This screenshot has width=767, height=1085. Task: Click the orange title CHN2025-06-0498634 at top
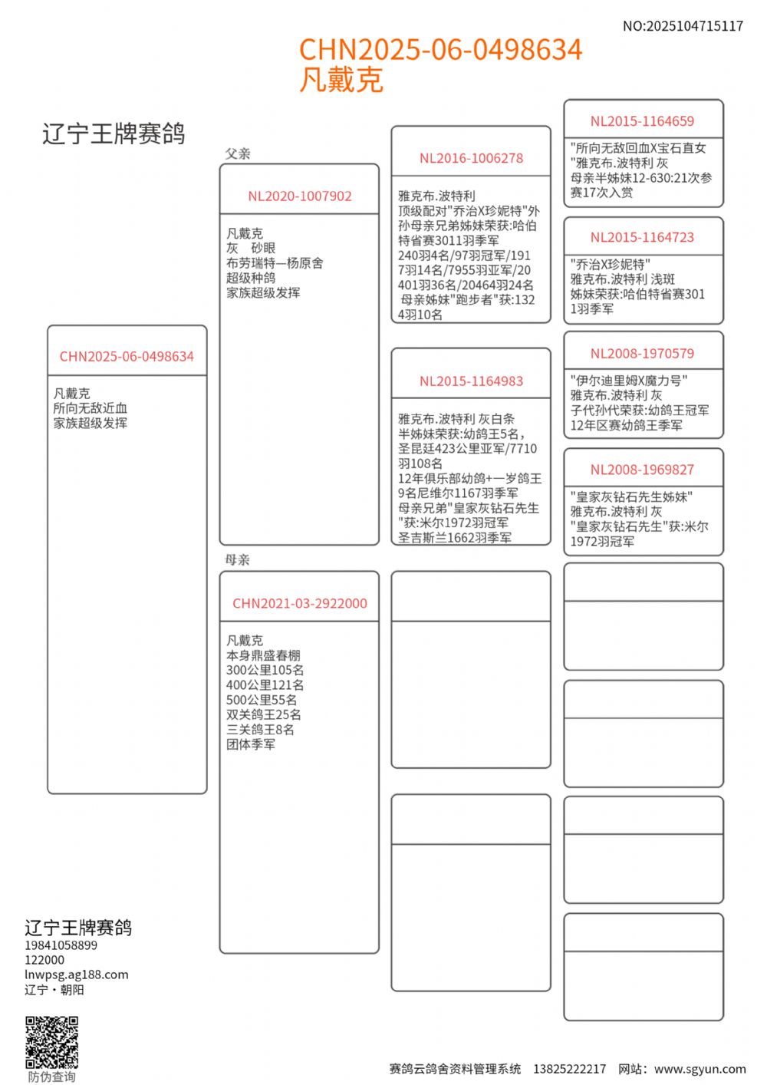point(440,50)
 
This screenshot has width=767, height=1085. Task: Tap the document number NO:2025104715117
point(683,26)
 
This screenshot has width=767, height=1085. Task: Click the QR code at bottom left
point(52,1042)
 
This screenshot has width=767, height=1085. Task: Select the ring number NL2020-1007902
point(299,196)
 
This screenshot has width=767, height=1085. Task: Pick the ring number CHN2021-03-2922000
point(299,604)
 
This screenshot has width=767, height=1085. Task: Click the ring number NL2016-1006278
point(471,159)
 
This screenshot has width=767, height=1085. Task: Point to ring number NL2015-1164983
point(471,381)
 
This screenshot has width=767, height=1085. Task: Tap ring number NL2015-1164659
point(642,121)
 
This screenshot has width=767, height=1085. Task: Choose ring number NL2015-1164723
point(642,238)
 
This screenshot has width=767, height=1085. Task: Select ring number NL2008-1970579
point(642,354)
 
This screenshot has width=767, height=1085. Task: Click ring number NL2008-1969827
point(642,470)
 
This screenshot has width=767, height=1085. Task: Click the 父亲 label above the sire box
point(238,153)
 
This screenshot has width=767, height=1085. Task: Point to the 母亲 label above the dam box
point(238,560)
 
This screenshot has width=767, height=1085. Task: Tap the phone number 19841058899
point(61,945)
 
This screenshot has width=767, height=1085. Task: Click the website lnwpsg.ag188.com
point(77,975)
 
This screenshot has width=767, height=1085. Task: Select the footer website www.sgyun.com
point(700,1069)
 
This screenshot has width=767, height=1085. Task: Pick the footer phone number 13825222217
point(569,1069)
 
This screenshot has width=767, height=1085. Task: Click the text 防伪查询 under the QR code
point(52,1077)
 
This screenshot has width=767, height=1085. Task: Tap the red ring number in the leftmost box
point(127,357)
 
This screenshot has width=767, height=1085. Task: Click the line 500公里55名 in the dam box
point(262,700)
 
